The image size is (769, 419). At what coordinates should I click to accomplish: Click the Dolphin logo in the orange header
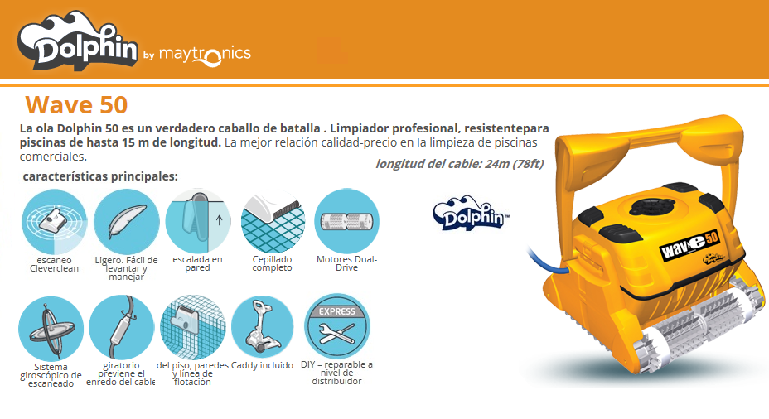click(79, 41)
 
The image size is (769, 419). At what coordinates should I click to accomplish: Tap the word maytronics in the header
click(205, 54)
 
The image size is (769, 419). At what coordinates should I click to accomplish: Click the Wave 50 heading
click(76, 104)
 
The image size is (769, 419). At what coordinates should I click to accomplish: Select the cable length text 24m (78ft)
click(514, 164)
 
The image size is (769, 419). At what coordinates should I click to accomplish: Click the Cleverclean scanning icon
click(55, 221)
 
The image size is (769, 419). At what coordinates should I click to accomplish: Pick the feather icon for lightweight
click(127, 221)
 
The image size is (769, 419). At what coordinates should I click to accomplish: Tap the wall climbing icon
click(198, 221)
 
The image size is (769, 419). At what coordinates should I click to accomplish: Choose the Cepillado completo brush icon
click(273, 221)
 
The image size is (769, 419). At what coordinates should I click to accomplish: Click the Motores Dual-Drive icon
click(346, 221)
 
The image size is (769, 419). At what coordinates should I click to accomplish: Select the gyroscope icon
click(51, 329)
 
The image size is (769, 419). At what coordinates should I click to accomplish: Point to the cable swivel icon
click(122, 327)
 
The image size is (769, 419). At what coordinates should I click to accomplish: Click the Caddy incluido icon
click(262, 327)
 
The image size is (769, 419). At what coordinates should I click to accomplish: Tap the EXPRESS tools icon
click(337, 326)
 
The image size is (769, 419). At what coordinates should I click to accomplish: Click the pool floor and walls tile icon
click(193, 327)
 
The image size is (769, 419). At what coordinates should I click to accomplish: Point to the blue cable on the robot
click(547, 261)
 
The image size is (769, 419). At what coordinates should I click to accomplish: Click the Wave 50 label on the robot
click(689, 244)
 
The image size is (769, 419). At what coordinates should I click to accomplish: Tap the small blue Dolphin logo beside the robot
click(472, 213)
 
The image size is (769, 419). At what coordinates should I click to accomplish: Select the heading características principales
click(100, 176)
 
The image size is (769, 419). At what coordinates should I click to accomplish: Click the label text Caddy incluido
click(262, 365)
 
